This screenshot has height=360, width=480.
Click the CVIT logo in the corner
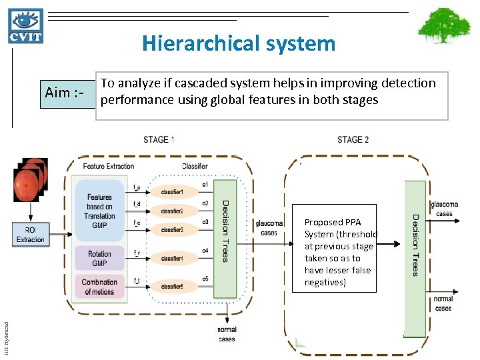click(26, 26)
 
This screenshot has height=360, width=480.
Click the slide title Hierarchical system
click(239, 44)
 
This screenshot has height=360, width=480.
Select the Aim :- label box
click(65, 93)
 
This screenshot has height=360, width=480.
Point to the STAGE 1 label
click(159, 139)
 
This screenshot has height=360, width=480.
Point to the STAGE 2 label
click(353, 139)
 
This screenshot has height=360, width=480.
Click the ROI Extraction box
click(31, 235)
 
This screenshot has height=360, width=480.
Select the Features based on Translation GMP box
click(99, 211)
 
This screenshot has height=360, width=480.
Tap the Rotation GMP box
click(99, 258)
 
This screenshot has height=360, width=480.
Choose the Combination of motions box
click(99, 287)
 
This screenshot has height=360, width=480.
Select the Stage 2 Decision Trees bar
click(415, 257)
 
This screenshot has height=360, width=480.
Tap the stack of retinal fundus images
click(31, 179)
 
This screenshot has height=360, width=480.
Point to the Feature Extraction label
click(109, 166)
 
